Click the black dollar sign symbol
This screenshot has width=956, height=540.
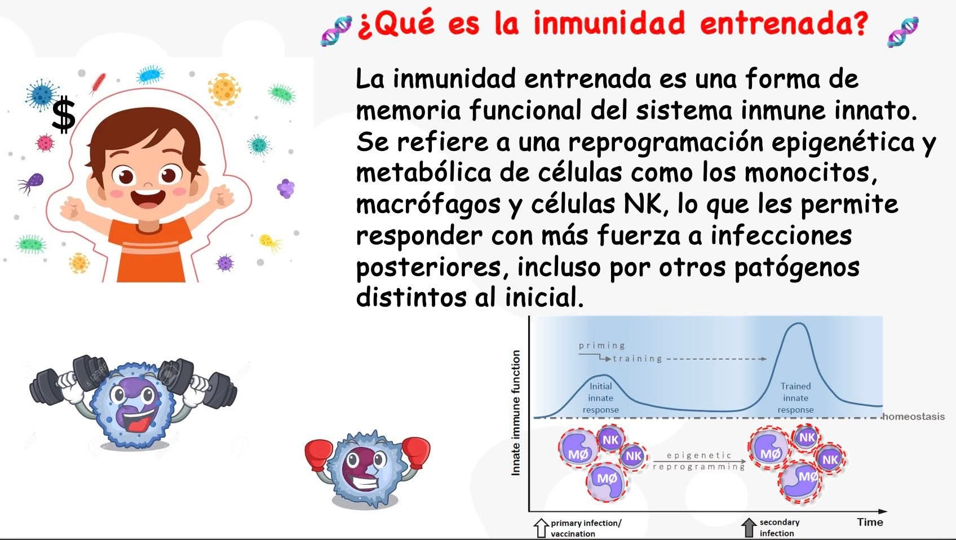click(64, 114)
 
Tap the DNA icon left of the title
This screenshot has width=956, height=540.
click(337, 30)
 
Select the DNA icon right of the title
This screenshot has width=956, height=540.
click(902, 32)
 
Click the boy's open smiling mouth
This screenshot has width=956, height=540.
click(148, 198)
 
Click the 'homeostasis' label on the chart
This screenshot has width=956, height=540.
click(914, 416)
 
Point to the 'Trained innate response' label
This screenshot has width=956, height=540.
click(795, 398)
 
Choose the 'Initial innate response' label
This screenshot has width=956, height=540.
click(600, 398)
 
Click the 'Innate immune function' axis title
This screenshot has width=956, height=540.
click(516, 413)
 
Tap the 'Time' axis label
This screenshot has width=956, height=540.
click(870, 522)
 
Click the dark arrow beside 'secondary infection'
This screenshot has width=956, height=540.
click(749, 528)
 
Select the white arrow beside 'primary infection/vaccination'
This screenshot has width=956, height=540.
click(541, 528)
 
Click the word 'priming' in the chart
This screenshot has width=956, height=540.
click(602, 346)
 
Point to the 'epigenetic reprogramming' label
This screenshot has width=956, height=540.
click(699, 461)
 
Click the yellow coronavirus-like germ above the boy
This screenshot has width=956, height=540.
click(224, 89)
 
